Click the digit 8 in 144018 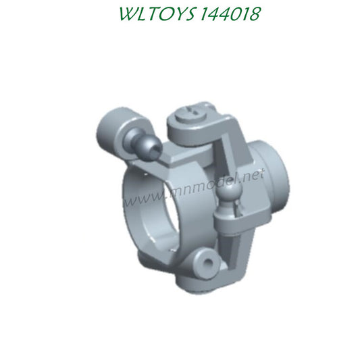point(253,14)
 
